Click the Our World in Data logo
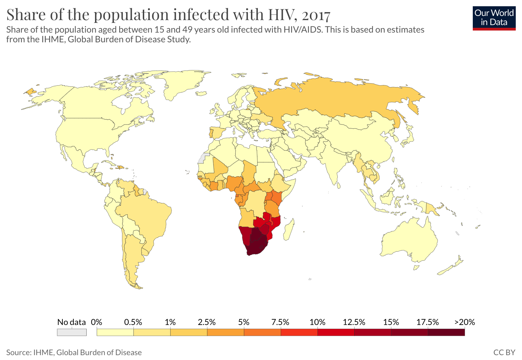pyautogui.click(x=494, y=18)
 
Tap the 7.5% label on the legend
pyautogui.click(x=280, y=322)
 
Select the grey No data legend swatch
pyautogui.click(x=72, y=332)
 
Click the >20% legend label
pyautogui.click(x=465, y=322)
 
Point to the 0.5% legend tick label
pyautogui.click(x=133, y=322)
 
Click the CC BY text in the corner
pyautogui.click(x=504, y=352)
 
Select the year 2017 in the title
pyautogui.click(x=316, y=15)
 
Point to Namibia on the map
pyautogui.click(x=245, y=235)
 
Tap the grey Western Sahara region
pyautogui.click(x=203, y=158)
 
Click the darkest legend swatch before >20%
pyautogui.click(x=446, y=332)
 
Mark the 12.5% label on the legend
pyautogui.click(x=354, y=322)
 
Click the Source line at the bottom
pyautogui.click(x=74, y=352)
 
